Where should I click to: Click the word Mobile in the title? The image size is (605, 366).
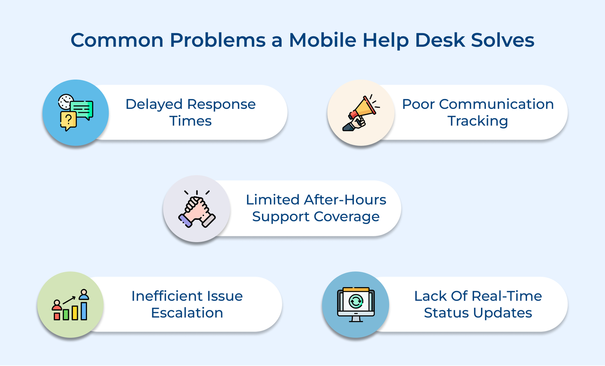[x=322, y=40]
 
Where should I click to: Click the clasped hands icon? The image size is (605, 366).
[x=197, y=209]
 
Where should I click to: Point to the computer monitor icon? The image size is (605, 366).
[x=356, y=304]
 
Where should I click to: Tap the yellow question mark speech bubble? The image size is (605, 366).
[x=68, y=120]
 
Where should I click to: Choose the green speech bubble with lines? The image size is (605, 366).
[x=82, y=109]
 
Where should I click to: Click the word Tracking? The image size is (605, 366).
[x=478, y=121]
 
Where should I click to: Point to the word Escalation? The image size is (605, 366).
[x=187, y=313]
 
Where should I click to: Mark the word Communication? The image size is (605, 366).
[x=496, y=104]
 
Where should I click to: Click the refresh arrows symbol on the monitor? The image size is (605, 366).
[x=356, y=301]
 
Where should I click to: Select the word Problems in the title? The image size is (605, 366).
[x=217, y=40]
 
